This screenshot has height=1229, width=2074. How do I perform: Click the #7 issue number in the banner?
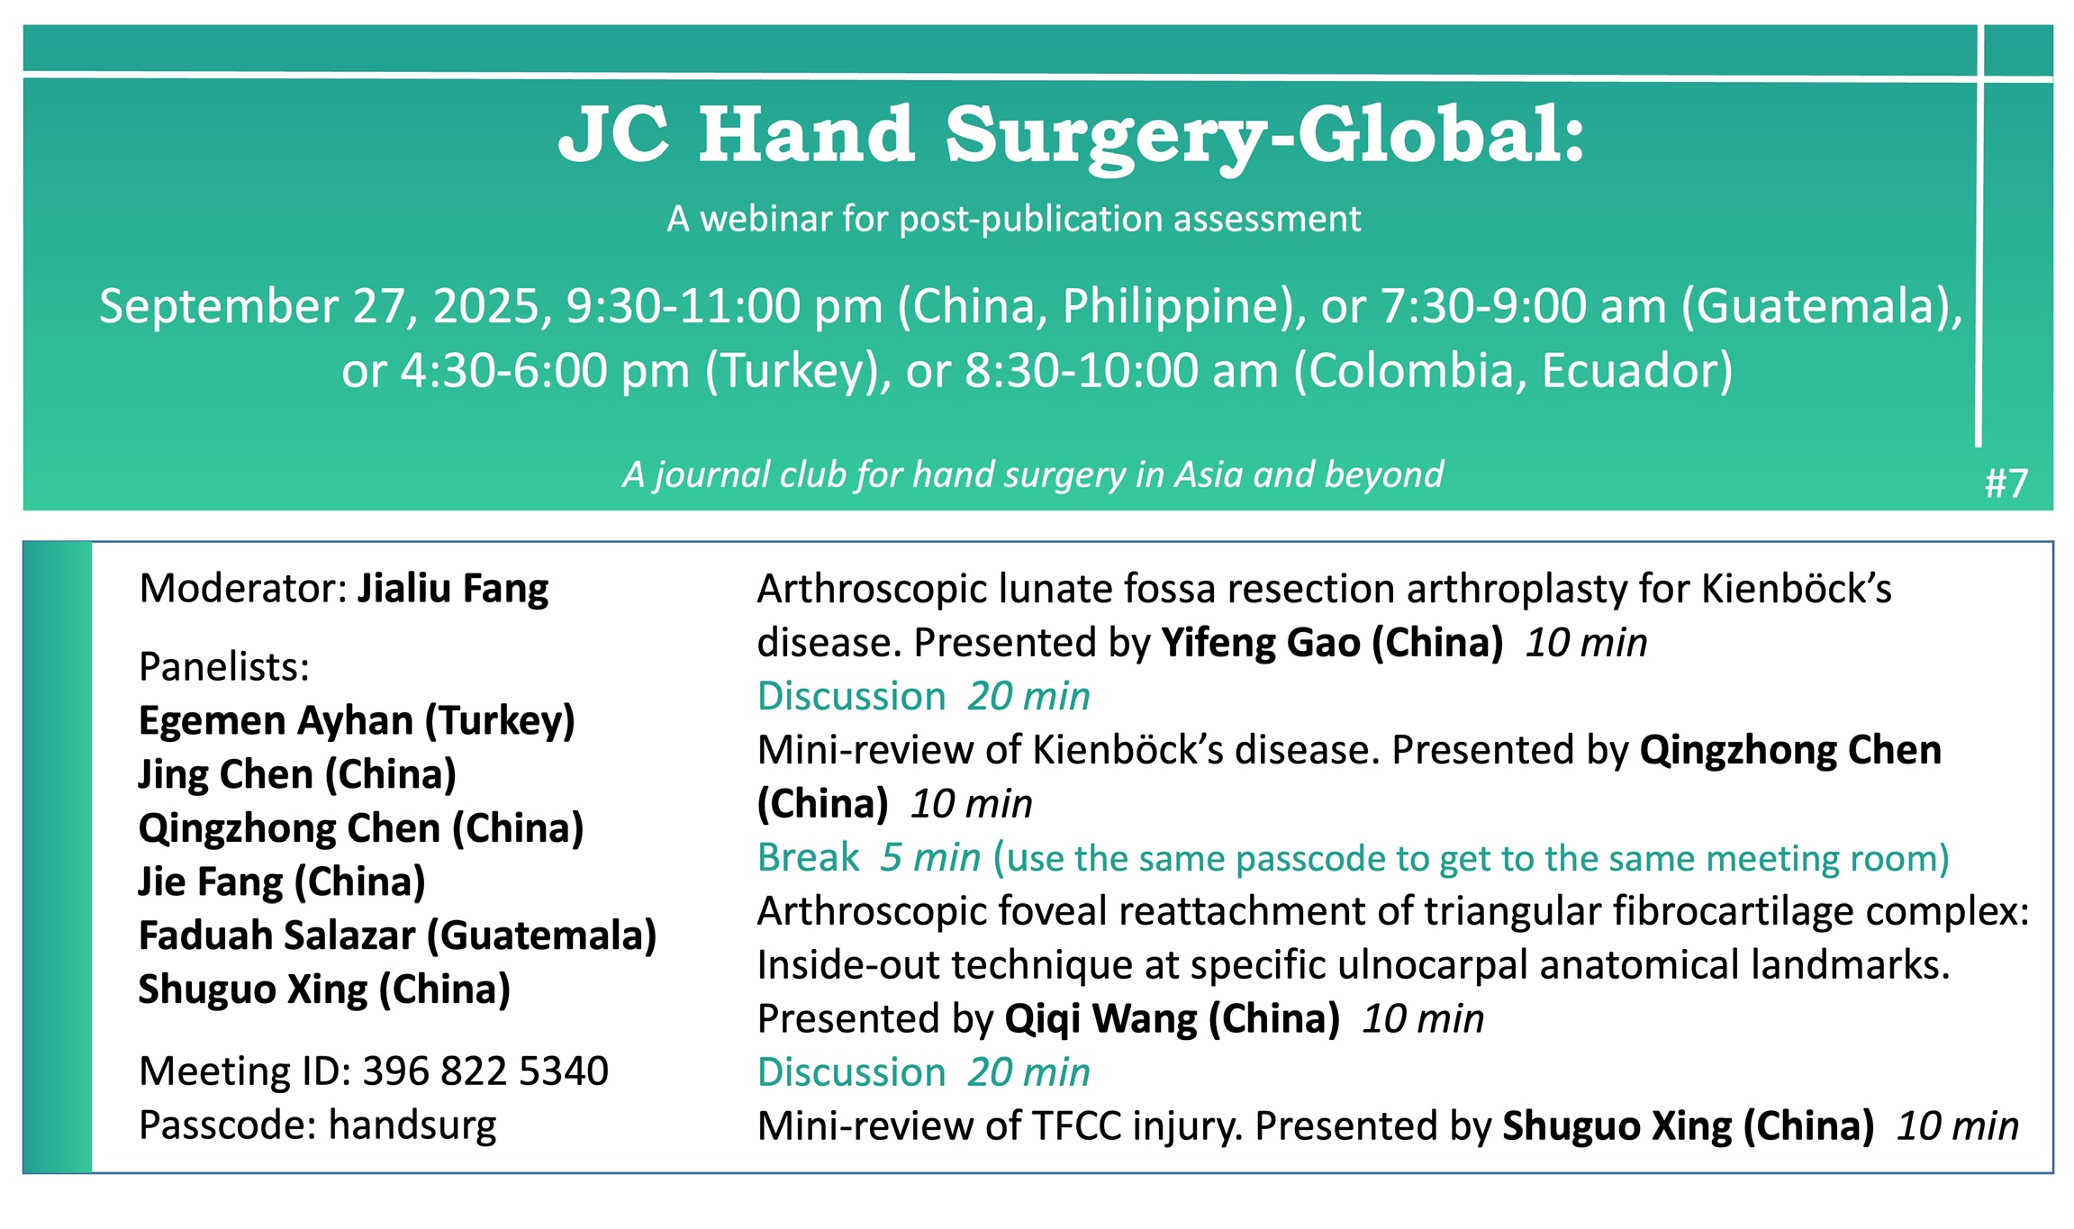tap(2006, 483)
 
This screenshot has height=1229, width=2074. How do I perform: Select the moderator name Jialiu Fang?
tap(453, 589)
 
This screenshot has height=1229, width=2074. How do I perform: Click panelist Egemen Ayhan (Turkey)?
tap(357, 721)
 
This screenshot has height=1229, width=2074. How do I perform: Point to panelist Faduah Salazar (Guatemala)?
tap(397, 936)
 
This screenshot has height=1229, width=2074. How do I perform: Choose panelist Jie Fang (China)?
tap(282, 882)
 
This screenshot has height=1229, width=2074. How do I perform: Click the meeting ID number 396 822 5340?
tap(485, 1071)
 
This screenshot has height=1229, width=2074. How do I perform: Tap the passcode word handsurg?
tap(412, 1126)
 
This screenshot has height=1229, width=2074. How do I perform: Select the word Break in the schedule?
tap(809, 857)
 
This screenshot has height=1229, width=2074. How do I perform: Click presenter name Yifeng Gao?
tap(1261, 643)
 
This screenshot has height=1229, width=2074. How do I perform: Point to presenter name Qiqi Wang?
tap(1100, 1019)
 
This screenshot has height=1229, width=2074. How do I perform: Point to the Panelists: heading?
tap(224, 667)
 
